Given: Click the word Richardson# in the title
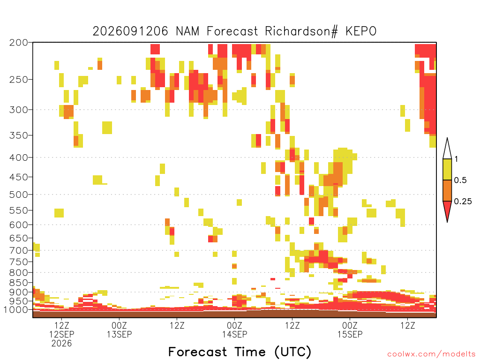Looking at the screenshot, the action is tap(301, 31).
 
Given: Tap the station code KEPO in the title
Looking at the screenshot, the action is tap(361, 31).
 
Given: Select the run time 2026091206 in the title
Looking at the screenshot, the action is tap(130, 31).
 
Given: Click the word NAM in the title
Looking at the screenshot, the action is tap(187, 31).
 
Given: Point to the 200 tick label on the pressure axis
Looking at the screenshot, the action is tap(19, 43).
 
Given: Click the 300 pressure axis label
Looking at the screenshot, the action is tap(19, 110).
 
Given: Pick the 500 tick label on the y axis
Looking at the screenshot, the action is tap(19, 195).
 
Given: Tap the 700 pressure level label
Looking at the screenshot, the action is tap(19, 250).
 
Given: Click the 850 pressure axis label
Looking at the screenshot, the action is tap(19, 283).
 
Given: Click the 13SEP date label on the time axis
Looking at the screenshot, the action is tap(119, 334).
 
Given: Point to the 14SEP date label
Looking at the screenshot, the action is tap(234, 334).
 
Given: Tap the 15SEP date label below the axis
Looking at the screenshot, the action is tap(350, 334).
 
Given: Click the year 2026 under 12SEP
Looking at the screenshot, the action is tap(61, 344).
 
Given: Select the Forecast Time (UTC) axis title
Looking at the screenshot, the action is tap(240, 352).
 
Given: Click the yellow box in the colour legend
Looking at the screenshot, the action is tap(447, 169).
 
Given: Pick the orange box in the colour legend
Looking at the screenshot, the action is tap(447, 190).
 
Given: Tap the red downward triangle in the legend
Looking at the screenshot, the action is tap(447, 210).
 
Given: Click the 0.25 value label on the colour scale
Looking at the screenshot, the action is tap(463, 202).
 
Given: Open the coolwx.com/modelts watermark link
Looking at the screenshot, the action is tap(431, 354).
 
